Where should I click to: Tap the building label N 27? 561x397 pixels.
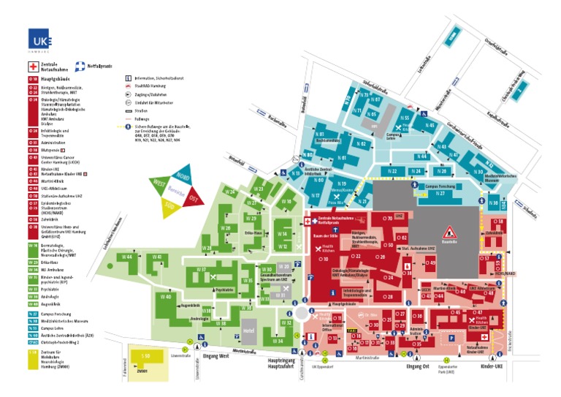[440, 194]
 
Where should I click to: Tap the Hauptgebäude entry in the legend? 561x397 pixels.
[55, 77]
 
